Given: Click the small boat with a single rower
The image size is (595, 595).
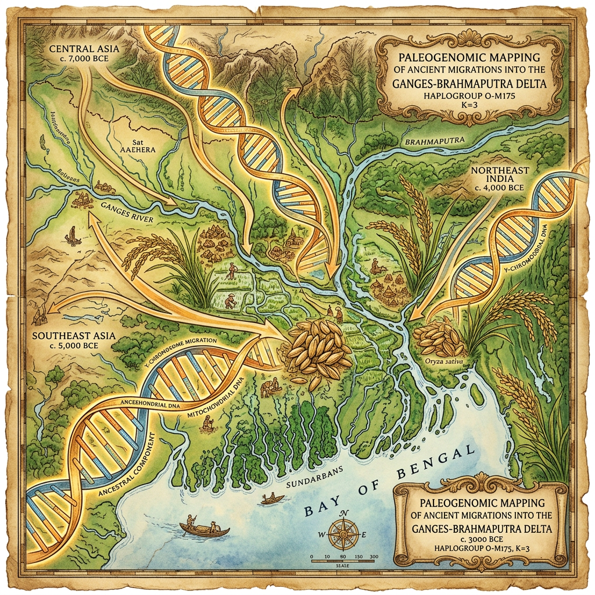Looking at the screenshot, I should point(272,499).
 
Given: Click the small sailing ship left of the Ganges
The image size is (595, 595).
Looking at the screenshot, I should point(72,234).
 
